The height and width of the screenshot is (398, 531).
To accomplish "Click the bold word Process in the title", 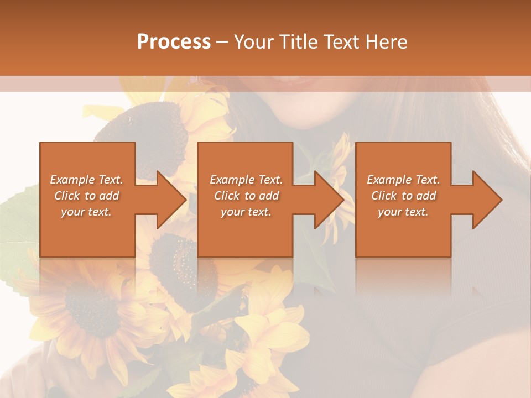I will coord(174,42).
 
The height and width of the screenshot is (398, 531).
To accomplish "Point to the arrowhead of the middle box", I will coord(329,200).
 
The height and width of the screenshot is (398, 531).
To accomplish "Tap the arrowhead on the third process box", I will coord(487,200).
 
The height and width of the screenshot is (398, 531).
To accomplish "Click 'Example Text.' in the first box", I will coord(86,180).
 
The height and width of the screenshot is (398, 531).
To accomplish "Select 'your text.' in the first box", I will coord(86,212).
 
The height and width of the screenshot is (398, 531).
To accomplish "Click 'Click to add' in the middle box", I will coord(246,196).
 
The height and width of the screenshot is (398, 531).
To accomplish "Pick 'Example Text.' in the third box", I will coord(403,180).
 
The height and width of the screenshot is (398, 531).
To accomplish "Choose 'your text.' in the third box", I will coord(403,212).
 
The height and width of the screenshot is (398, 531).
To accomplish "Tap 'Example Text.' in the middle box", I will coord(246,180).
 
